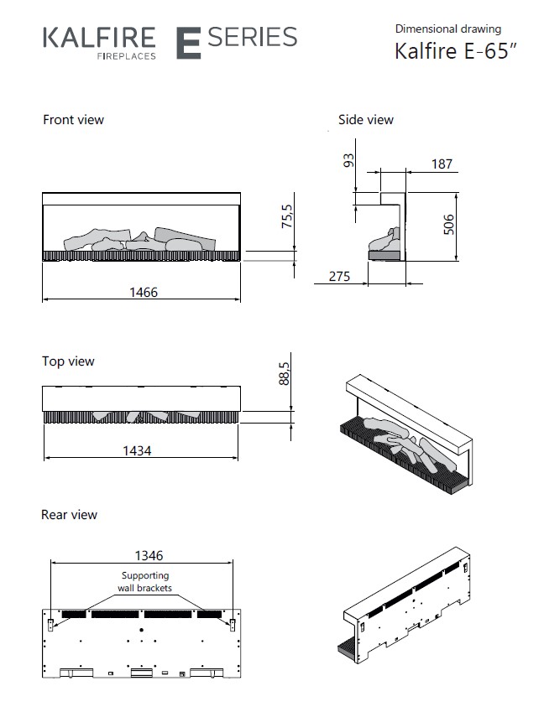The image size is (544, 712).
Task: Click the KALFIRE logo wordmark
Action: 99,38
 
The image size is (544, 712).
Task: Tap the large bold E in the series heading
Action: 188,43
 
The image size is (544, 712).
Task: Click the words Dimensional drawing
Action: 448,29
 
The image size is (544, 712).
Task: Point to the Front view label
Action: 74,120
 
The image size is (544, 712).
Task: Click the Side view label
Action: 366,120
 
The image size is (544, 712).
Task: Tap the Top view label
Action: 69,361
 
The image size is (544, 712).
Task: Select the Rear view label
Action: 70,514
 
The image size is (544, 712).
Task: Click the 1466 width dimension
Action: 143,292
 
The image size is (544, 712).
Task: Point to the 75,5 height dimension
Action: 287,216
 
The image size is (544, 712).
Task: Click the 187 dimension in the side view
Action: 442,164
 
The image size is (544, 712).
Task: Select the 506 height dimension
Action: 448,225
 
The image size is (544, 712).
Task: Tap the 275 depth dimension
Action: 339,276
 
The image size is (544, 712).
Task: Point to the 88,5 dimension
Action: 285,373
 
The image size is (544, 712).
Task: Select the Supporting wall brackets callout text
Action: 144,582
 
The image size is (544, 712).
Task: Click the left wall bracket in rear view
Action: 50,623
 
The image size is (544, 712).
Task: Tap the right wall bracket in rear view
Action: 233,623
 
